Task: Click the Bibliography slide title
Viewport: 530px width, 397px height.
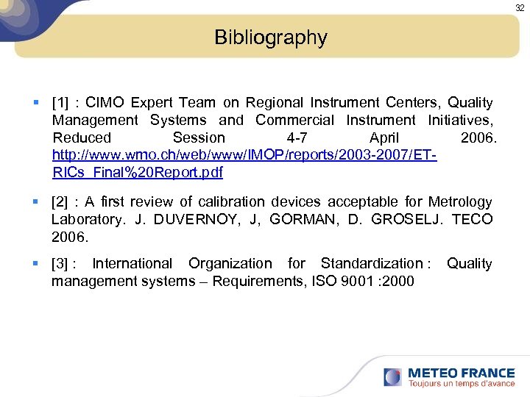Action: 270,37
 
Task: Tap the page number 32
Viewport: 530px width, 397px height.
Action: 520,7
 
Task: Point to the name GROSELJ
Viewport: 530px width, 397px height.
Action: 405,219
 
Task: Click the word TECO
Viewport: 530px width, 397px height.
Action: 472,219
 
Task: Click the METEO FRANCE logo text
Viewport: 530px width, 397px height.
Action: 461,373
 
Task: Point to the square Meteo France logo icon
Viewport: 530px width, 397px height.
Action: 392,377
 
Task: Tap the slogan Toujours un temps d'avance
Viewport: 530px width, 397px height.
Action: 462,384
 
